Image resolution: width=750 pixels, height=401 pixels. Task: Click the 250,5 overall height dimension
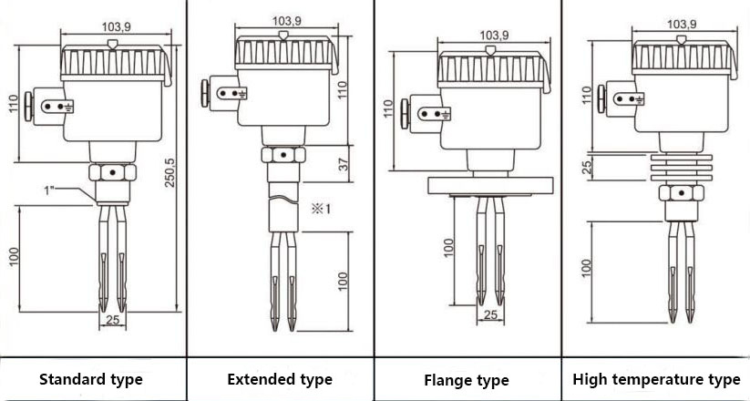170,172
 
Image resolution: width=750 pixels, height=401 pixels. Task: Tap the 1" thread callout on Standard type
49,190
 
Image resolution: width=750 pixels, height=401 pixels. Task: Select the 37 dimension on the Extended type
343,164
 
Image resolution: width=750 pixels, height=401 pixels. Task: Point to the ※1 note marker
321,209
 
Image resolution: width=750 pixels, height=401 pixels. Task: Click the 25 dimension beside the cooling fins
588,167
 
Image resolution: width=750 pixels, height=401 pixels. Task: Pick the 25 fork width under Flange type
490,314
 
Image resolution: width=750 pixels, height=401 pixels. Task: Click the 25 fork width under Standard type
112,320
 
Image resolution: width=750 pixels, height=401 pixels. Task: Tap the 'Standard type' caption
91,379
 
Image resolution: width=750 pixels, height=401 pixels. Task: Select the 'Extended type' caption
280,379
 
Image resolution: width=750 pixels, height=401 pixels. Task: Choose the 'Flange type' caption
467,380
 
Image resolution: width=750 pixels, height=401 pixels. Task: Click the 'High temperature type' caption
657,379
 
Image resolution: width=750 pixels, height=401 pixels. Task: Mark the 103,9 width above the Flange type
494,35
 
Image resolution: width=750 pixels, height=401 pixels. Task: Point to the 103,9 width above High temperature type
682,24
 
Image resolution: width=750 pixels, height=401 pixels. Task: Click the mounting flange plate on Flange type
490,186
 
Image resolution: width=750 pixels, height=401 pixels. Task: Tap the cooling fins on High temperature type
682,168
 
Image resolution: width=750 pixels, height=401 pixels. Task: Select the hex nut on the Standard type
112,172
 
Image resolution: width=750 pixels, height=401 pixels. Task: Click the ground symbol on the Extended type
242,94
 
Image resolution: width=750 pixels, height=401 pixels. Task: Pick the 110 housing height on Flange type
388,108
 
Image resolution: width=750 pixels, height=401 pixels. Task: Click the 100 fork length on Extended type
343,282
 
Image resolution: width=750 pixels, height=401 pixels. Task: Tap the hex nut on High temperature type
681,193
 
